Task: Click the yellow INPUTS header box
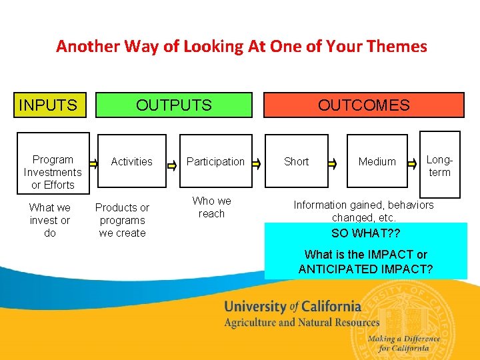coord(50,105)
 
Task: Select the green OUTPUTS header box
coord(174,105)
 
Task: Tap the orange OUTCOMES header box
coord(363,105)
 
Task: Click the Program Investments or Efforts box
coord(53,172)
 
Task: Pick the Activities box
coord(131,161)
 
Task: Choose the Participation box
coord(215,161)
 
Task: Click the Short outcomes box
coord(296,161)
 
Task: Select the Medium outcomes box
coord(377,161)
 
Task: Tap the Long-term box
coord(439,166)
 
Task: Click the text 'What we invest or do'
coord(50,220)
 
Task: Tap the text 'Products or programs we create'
coord(122,220)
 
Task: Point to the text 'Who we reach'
coord(212,207)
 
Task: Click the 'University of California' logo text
coord(292,307)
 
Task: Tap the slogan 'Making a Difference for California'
coord(404,343)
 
